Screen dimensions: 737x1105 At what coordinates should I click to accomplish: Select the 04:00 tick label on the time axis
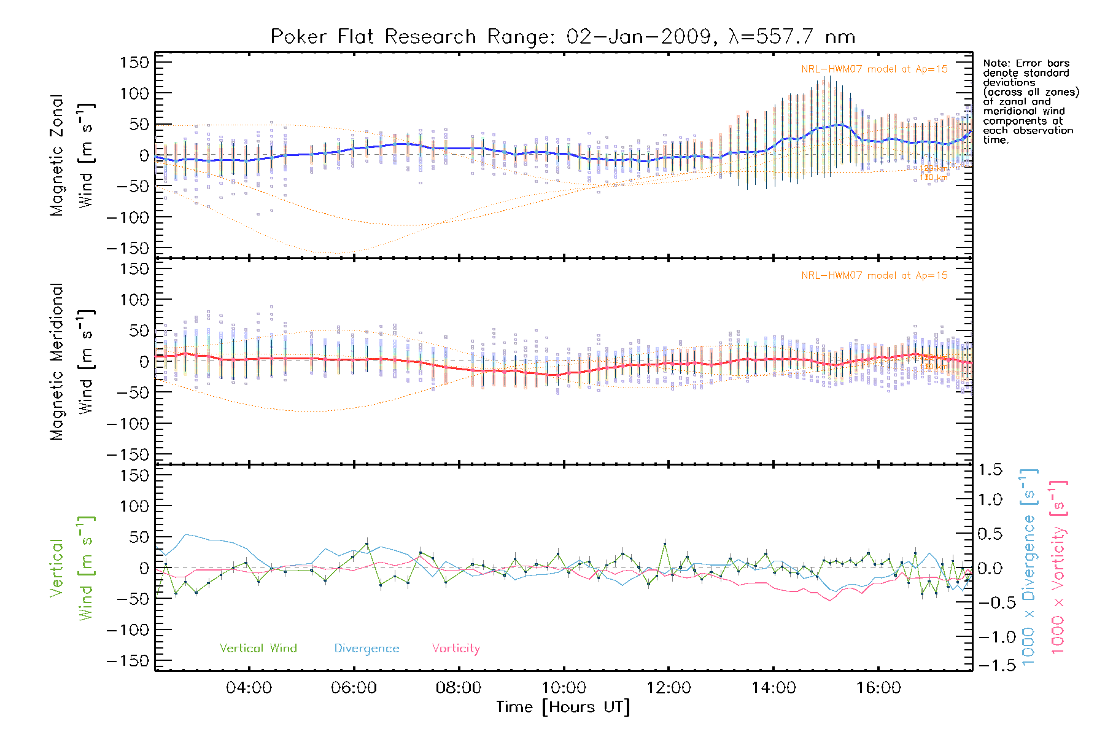tap(249, 688)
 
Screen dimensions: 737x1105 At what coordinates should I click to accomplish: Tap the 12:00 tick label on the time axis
tap(669, 688)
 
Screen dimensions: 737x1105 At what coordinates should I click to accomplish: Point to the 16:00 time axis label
tap(878, 688)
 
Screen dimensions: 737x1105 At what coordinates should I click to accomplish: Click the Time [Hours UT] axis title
tap(563, 707)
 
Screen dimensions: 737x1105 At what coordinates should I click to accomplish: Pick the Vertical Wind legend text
tap(258, 649)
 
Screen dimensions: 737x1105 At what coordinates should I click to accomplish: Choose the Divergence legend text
tap(366, 649)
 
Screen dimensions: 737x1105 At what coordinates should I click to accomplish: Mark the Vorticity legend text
tap(456, 649)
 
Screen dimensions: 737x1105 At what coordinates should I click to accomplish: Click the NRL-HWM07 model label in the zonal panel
tap(874, 69)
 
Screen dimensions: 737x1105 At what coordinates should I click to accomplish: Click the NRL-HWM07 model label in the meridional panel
tap(874, 276)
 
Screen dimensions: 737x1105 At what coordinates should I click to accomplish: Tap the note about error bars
tap(1029, 101)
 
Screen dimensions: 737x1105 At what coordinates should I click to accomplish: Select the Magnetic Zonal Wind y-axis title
tap(72, 155)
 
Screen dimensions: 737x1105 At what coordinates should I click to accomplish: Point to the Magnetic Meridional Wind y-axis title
tap(72, 362)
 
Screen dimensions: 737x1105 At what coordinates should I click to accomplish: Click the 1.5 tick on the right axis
tap(990, 470)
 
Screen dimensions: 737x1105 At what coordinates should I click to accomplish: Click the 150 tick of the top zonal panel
tap(134, 63)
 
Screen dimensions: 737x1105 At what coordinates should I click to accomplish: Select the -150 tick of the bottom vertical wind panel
tap(128, 661)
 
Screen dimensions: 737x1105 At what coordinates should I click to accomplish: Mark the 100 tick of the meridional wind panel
tap(134, 300)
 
